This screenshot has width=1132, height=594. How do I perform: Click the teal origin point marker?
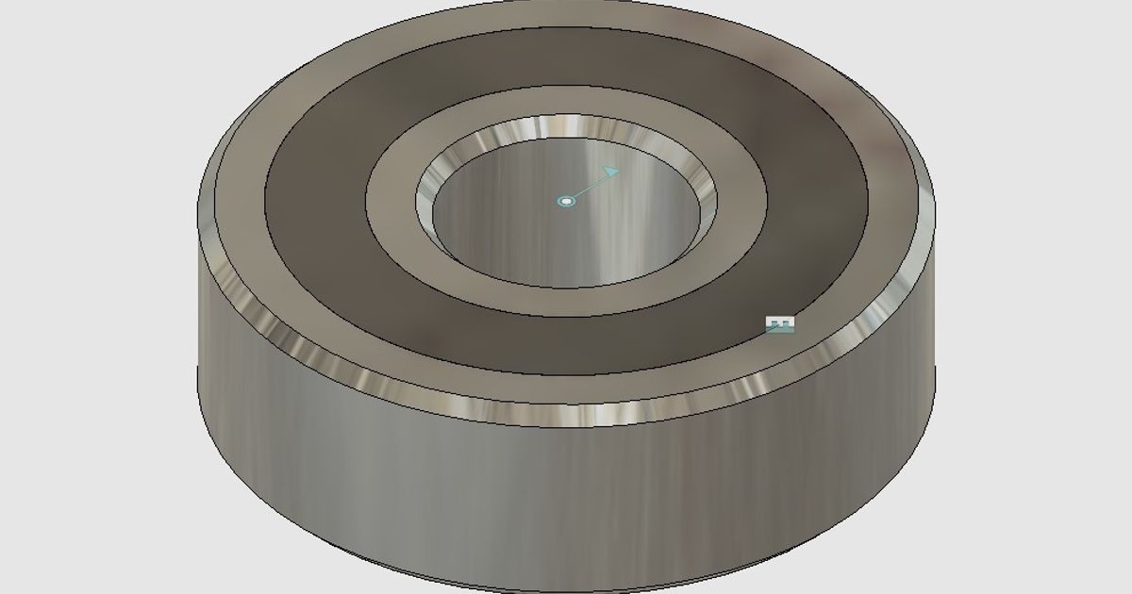566,201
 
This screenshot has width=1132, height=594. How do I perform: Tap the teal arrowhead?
611,173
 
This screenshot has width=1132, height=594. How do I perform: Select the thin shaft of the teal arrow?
589,187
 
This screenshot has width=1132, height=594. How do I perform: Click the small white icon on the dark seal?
779,324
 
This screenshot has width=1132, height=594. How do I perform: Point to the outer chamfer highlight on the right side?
896,292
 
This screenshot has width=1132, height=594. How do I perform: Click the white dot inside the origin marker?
566,201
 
